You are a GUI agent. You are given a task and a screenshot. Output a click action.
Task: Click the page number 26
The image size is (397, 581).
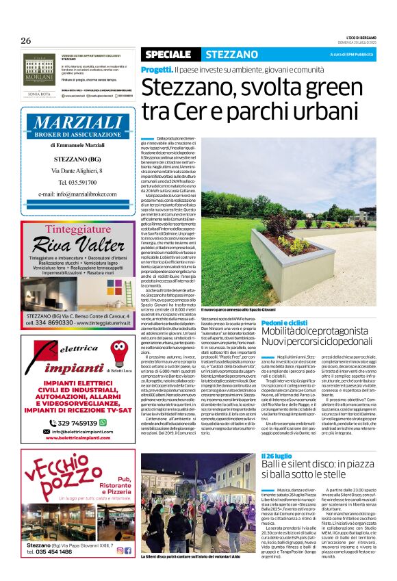point(26,40)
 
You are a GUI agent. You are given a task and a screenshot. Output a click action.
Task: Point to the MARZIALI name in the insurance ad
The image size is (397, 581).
point(77,124)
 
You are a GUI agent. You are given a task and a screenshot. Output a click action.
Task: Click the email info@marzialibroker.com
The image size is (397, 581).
point(78,194)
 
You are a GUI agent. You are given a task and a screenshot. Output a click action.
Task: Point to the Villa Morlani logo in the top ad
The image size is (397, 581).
point(38,67)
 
